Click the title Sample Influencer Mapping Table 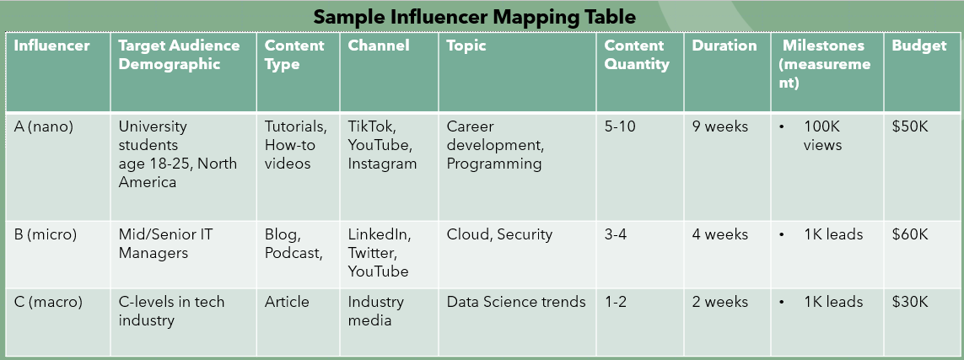pos(475,16)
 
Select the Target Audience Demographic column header pos(179,55)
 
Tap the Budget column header pos(919,46)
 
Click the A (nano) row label pos(44,126)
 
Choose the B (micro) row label pos(46,234)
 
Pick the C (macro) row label pos(48,302)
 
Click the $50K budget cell pos(910,126)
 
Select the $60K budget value pos(910,234)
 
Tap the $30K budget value pos(910,302)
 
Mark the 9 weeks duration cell pos(720,126)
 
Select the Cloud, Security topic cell pos(499,234)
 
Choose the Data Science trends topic pos(516,302)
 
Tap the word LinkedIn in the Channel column pos(379,234)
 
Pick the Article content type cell pos(287,302)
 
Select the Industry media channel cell pos(376,310)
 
